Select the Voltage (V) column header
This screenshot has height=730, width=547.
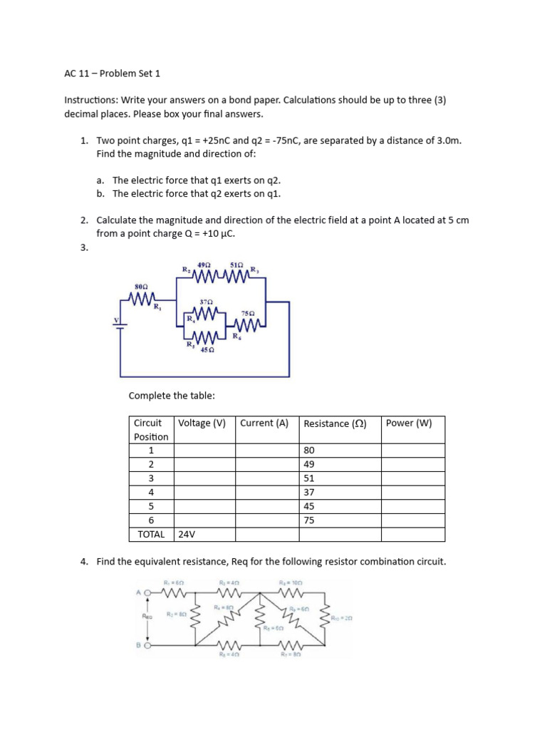202,423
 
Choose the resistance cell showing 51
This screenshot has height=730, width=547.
309,478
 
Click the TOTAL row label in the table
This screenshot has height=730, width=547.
150,534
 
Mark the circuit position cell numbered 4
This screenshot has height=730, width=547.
151,492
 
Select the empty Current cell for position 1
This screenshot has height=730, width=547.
266,451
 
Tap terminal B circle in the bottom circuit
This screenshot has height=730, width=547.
149,645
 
